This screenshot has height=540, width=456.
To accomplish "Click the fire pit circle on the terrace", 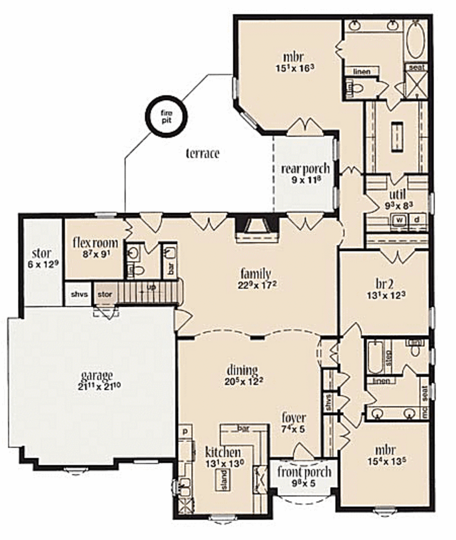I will (166, 117).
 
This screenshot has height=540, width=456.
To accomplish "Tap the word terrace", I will (202, 154).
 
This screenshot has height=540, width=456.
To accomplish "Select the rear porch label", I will (305, 169).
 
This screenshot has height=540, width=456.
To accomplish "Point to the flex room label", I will (96, 243).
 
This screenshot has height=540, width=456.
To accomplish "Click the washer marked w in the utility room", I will (399, 219).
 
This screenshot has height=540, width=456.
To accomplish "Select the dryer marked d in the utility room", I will (417, 219).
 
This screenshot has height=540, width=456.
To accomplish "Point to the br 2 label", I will (383, 284).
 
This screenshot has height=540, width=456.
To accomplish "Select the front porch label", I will (304, 472).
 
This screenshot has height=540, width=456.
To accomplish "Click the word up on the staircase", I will (151, 288).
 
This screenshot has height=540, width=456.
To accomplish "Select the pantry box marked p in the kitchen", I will (184, 431).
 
